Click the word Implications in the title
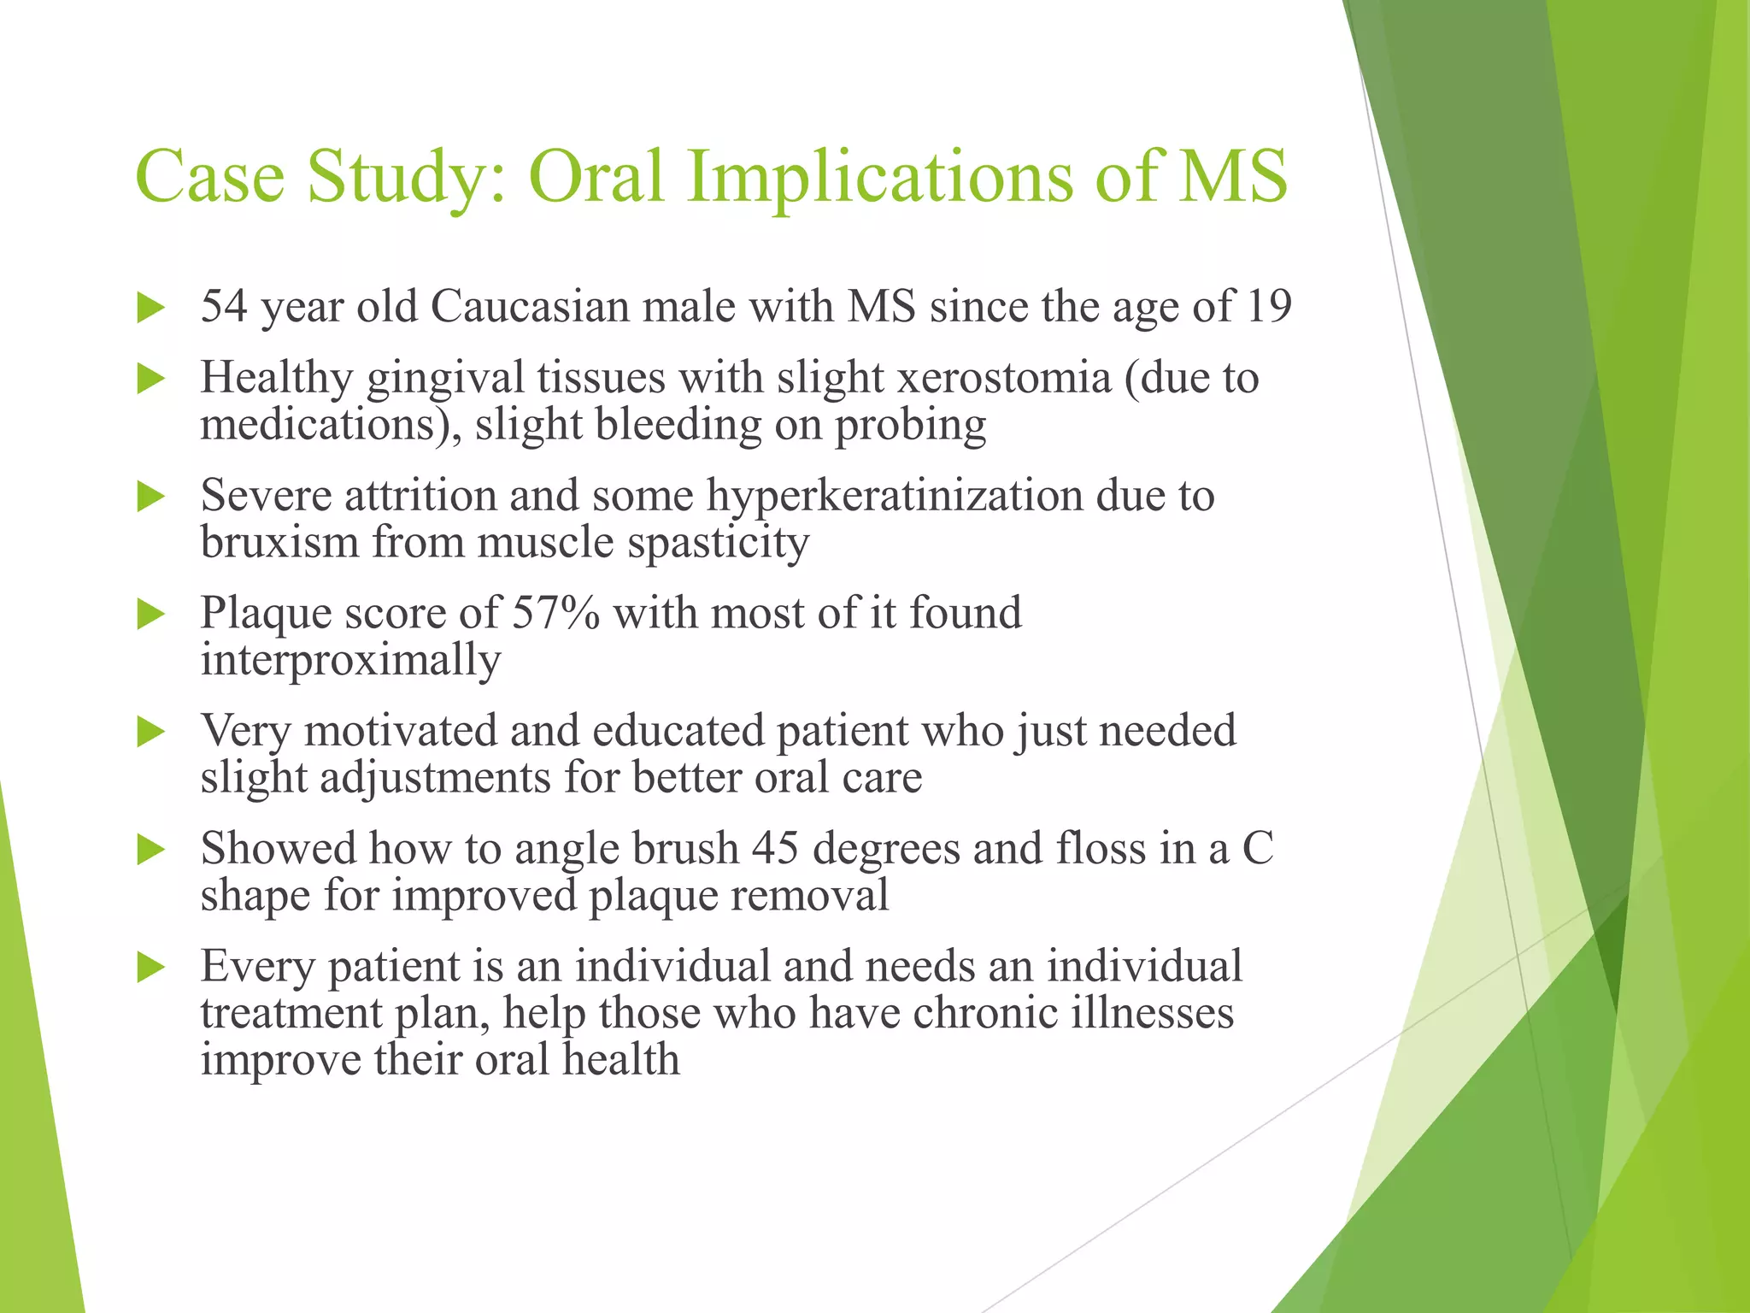click(888, 178)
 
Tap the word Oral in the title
click(596, 176)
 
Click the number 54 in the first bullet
click(224, 306)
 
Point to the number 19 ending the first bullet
click(1268, 306)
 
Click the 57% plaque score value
click(556, 613)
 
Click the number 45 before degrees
click(775, 849)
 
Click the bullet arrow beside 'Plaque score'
click(150, 614)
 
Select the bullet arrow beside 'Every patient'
click(150, 968)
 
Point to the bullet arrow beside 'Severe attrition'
click(150, 497)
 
